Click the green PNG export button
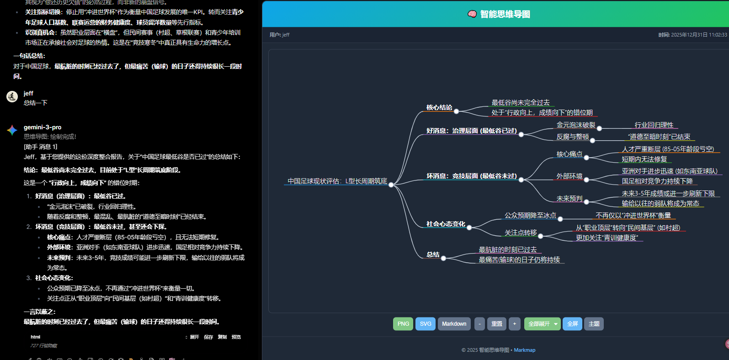tap(403, 324)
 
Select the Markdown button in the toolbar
tap(454, 324)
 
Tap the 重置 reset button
tap(496, 324)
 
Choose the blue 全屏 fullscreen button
tap(572, 324)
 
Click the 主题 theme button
tap(594, 324)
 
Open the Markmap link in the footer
tap(524, 350)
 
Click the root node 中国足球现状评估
tap(337, 181)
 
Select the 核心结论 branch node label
tap(439, 108)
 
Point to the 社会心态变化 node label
tap(446, 224)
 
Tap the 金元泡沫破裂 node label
tap(576, 125)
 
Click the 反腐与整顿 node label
tap(572, 137)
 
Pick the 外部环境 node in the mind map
tap(569, 176)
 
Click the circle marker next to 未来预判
tap(586, 201)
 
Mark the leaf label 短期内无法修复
tap(644, 159)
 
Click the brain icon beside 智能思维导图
tap(472, 14)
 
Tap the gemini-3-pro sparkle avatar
tap(12, 130)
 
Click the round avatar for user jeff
tap(12, 96)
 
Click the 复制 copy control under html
tap(222, 337)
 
